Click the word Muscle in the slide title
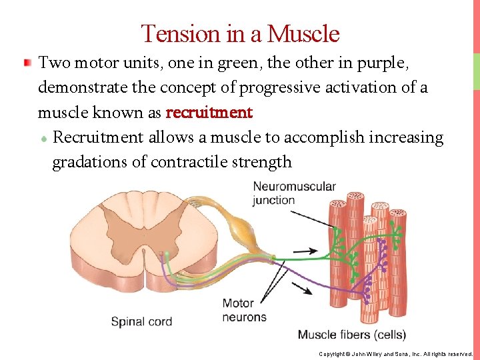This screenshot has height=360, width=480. pyautogui.click(x=303, y=33)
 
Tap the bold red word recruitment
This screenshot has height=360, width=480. pyautogui.click(x=209, y=113)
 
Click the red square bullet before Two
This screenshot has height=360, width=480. pyautogui.click(x=27, y=63)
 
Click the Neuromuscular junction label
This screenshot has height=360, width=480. pyautogui.click(x=294, y=193)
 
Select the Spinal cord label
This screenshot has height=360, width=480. pyautogui.click(x=141, y=321)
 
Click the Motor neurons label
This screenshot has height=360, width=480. pyautogui.click(x=244, y=310)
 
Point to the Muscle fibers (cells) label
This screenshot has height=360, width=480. pyautogui.click(x=351, y=334)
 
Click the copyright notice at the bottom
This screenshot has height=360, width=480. pyautogui.click(x=395, y=354)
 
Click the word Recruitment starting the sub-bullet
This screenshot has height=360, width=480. pyautogui.click(x=97, y=137)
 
